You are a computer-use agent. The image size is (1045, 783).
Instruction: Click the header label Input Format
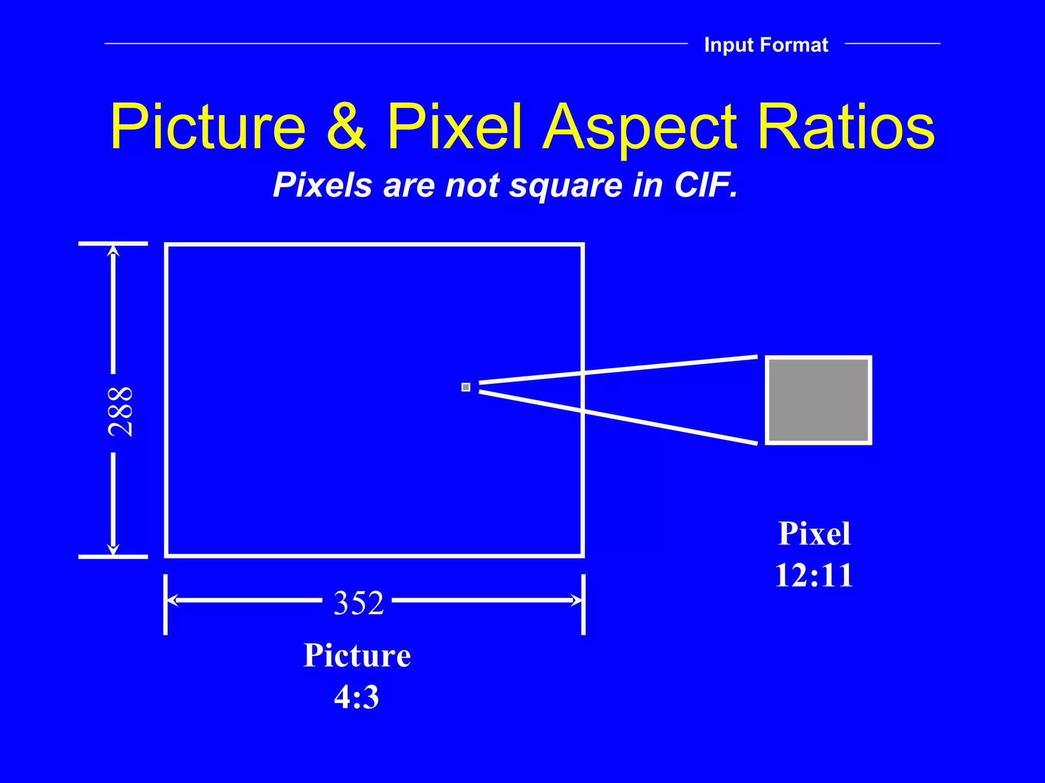coord(766,45)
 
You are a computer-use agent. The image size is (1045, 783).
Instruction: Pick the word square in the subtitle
coord(565,186)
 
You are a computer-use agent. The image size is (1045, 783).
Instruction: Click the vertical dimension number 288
coord(121,411)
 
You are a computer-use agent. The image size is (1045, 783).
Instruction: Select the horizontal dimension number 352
coord(358,603)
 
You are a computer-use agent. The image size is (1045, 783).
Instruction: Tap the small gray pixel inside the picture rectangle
coord(466,387)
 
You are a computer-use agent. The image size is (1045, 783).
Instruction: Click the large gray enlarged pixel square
coord(818,400)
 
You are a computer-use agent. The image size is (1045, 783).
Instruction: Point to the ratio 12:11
coord(814,576)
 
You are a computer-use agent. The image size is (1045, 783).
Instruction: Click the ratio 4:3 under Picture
coord(357,697)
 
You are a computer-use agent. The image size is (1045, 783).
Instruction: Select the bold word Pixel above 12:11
coord(814,534)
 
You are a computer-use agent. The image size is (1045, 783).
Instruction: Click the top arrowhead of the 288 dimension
coord(113,250)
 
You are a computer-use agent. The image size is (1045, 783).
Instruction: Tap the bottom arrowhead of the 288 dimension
coord(113,550)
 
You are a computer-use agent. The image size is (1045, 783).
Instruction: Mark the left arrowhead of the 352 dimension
coord(172,601)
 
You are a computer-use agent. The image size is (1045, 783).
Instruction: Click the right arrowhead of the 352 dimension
coord(577,601)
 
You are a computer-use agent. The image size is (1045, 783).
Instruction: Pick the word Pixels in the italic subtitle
coord(322,185)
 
